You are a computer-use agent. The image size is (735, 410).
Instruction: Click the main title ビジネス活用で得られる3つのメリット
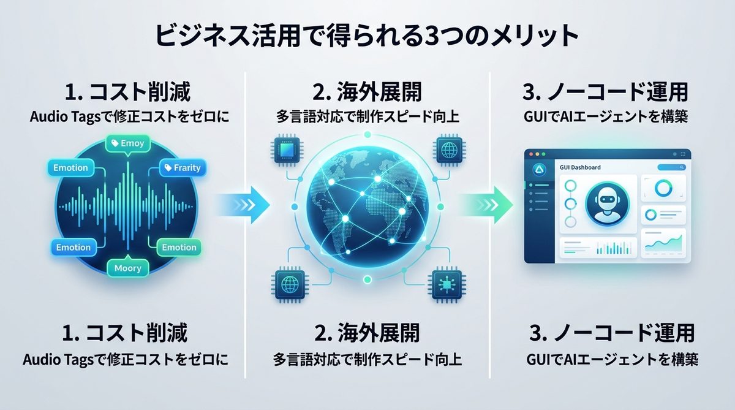[367, 35]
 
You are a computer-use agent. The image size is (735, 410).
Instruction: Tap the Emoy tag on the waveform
[127, 143]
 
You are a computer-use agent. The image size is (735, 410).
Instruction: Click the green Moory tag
[127, 268]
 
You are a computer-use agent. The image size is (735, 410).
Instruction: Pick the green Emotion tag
[179, 248]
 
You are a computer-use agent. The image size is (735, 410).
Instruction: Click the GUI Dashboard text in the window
[580, 167]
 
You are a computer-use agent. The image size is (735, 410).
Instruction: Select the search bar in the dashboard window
[671, 167]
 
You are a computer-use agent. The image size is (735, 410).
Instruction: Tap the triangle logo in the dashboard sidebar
[540, 170]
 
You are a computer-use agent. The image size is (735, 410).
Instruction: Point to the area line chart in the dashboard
[665, 244]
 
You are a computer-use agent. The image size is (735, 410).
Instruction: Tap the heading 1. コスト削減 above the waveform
[127, 93]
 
